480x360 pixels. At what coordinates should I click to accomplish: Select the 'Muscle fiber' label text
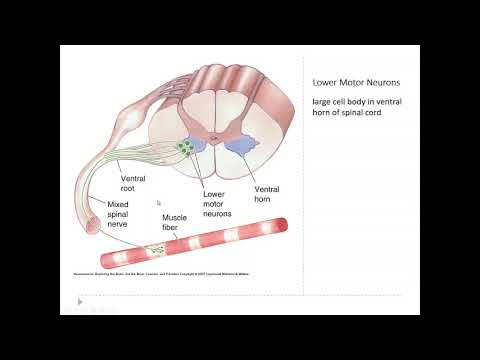176,221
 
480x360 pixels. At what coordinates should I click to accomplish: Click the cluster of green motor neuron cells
186,149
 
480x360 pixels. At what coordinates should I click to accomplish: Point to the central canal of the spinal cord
213,130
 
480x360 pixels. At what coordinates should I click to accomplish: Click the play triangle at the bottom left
80,300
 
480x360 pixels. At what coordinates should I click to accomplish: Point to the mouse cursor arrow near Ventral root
159,202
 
